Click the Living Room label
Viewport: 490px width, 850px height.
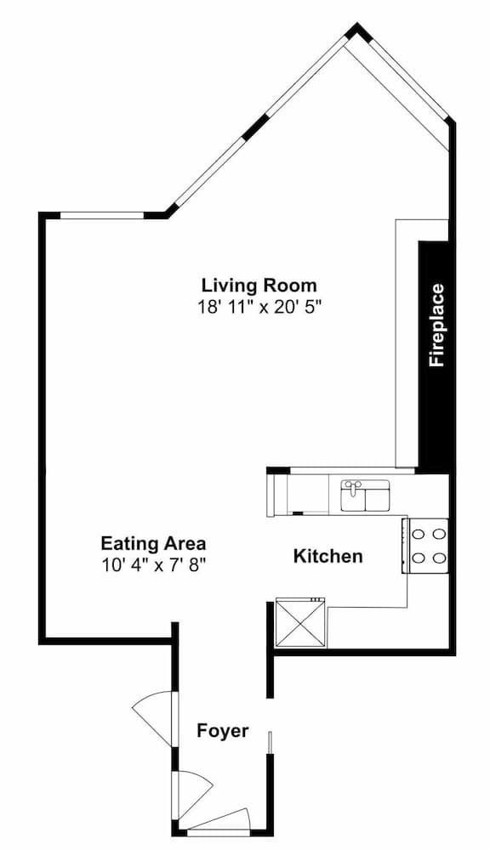pyautogui.click(x=259, y=285)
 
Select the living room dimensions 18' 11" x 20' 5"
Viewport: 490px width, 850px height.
pyautogui.click(x=260, y=308)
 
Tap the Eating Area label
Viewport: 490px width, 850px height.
pyautogui.click(x=154, y=542)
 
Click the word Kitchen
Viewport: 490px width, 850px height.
pyautogui.click(x=328, y=556)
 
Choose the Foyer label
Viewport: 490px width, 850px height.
pyautogui.click(x=223, y=731)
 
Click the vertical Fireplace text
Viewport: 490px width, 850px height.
pyautogui.click(x=436, y=326)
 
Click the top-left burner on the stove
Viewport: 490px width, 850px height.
pyautogui.click(x=418, y=534)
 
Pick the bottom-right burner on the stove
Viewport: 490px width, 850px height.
pyautogui.click(x=440, y=558)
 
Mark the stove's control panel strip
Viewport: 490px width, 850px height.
pyautogui.click(x=404, y=546)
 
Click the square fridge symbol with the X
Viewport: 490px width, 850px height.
pyautogui.click(x=300, y=622)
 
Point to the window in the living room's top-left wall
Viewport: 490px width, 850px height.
pyautogui.click(x=102, y=215)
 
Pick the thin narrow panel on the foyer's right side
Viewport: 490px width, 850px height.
pyautogui.click(x=269, y=743)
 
